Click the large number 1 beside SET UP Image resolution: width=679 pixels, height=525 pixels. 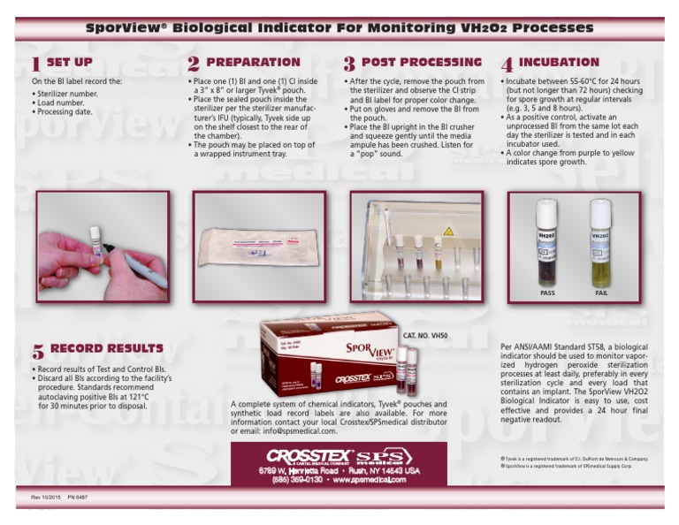pyautogui.click(x=35, y=65)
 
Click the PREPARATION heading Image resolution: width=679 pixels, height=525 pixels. pyautogui.click(x=253, y=63)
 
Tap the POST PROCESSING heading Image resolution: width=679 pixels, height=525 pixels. pyautogui.click(x=422, y=63)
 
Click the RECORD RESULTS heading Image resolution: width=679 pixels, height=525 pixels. pyautogui.click(x=106, y=349)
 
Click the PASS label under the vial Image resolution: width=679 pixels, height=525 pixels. pyautogui.click(x=547, y=293)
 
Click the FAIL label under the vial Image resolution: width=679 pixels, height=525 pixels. pyautogui.click(x=601, y=293)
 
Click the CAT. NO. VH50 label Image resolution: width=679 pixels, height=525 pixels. pyautogui.click(x=426, y=336)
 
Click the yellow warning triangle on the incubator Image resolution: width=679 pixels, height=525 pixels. pyautogui.click(x=448, y=232)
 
